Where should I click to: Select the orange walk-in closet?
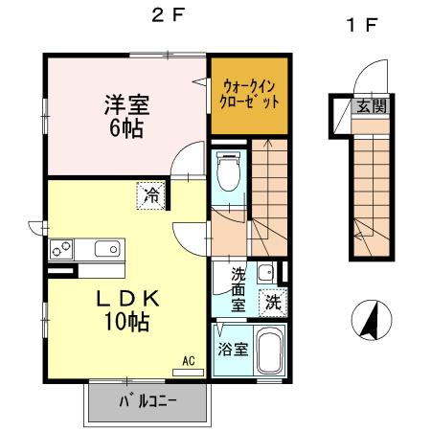(249, 93)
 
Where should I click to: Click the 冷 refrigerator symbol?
(151, 194)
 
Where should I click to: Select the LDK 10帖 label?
(125, 310)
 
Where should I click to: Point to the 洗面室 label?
(238, 288)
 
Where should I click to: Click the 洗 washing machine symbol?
(273, 302)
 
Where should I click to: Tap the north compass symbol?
(370, 319)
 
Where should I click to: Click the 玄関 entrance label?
(372, 106)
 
